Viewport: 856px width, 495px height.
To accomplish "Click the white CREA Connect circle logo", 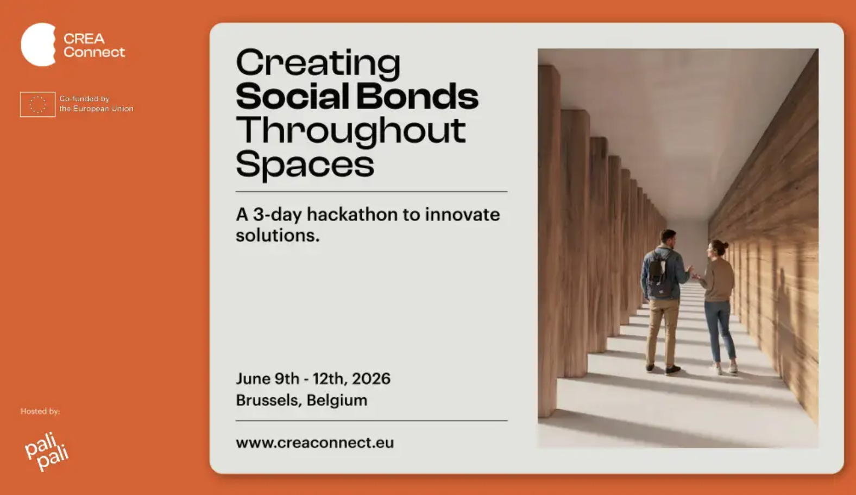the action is [x=38, y=45].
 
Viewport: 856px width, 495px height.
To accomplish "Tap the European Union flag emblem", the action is [x=37, y=104].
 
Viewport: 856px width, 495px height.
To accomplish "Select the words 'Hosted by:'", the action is [x=40, y=411].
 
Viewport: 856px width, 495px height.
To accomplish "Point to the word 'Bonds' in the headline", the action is [x=417, y=96].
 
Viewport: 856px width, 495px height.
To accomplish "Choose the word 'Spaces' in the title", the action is [x=305, y=165].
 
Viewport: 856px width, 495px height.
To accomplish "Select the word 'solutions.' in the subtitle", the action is [x=278, y=235].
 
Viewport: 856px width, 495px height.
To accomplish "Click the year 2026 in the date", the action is [x=371, y=378].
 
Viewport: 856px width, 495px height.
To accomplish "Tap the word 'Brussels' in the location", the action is [x=269, y=400].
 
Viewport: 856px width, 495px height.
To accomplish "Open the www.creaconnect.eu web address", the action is [x=315, y=443].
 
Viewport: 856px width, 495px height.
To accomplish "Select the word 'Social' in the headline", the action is [x=292, y=96].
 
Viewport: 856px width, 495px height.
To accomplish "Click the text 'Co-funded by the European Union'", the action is [x=96, y=104].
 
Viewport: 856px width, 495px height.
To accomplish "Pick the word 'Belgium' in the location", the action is [x=337, y=400].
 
